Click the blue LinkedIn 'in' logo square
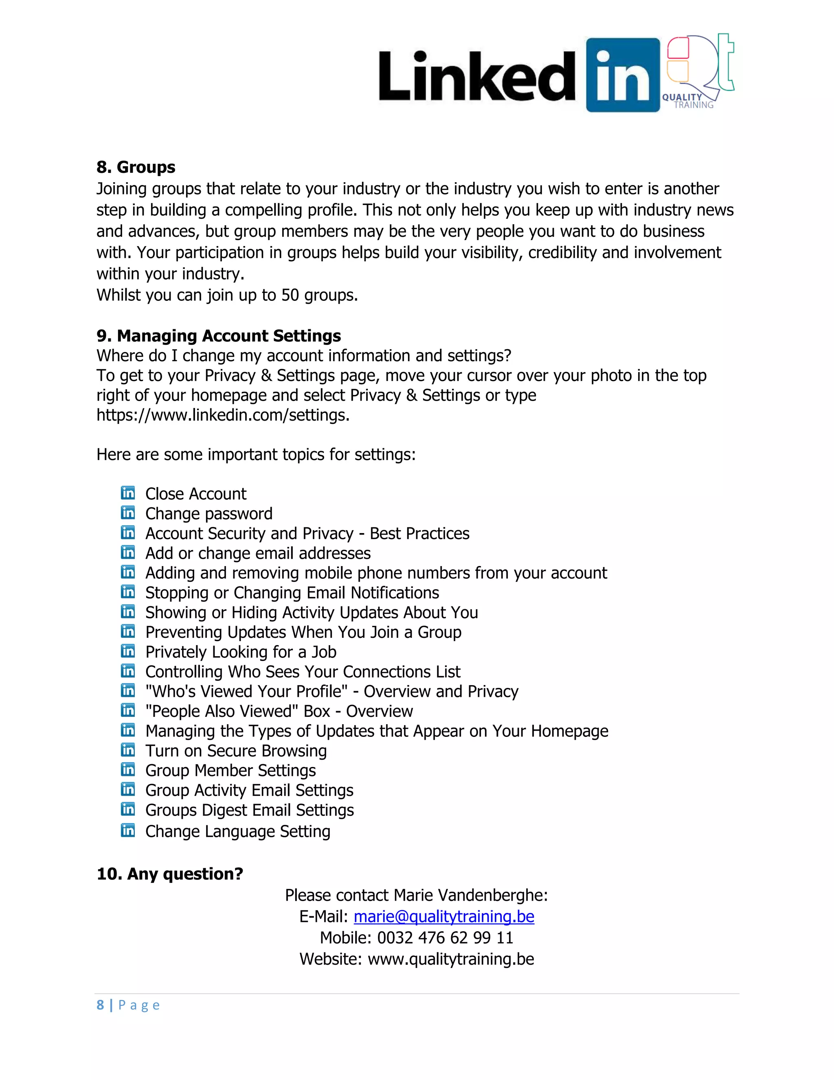pos(623,75)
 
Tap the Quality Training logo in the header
pos(700,72)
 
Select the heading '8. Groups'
pos(136,167)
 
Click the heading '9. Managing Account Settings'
pos(218,336)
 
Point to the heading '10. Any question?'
pos(170,874)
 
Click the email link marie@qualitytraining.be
pos(444,916)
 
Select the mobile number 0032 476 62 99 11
pos(445,938)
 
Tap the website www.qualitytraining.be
pos(451,959)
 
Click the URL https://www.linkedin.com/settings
pos(222,415)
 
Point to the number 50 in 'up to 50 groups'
pos(290,295)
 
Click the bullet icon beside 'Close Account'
pos(128,493)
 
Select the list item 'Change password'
pos(208,514)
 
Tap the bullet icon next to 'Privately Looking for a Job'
pos(128,651)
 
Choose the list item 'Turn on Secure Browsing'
pos(236,751)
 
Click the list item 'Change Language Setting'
pos(238,831)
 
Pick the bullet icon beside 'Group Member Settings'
pos(128,770)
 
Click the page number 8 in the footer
pos(100,1005)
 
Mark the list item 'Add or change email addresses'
pos(258,553)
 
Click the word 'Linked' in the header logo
pos(477,77)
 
